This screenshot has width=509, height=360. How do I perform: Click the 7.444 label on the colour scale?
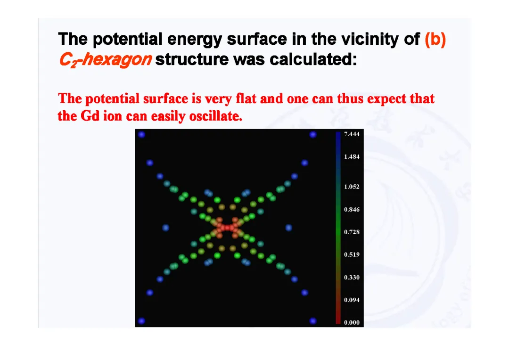tap(352, 134)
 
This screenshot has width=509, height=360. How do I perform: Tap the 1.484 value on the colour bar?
tap(352, 157)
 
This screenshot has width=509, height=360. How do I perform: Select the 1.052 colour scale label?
tap(352, 187)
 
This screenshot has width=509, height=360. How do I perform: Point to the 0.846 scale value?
tap(352, 209)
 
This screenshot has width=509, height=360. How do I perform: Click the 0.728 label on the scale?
tap(352, 232)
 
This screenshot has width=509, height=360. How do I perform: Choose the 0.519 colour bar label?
tap(352, 254)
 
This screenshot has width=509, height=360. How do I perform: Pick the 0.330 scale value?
tap(352, 277)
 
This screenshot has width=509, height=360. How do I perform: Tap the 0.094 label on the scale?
tap(352, 300)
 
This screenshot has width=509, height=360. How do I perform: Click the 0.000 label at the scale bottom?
tap(352, 322)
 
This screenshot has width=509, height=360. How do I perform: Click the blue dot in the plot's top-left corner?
tap(141, 134)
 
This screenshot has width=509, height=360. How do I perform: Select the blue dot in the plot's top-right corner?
tap(313, 134)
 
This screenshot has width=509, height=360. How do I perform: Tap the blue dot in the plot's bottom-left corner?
tap(141, 321)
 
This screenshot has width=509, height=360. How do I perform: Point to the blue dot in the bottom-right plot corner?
tap(313, 321)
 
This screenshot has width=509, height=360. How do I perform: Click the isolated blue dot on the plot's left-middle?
tap(165, 228)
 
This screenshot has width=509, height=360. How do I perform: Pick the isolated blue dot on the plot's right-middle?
tap(288, 228)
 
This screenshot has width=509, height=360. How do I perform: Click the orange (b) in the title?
tap(435, 39)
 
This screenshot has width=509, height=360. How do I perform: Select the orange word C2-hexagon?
tap(105, 60)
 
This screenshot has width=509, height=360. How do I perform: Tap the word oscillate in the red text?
tap(216, 116)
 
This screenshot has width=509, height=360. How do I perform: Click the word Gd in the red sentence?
tap(90, 116)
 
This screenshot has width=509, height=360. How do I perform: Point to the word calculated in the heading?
tap(313, 59)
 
